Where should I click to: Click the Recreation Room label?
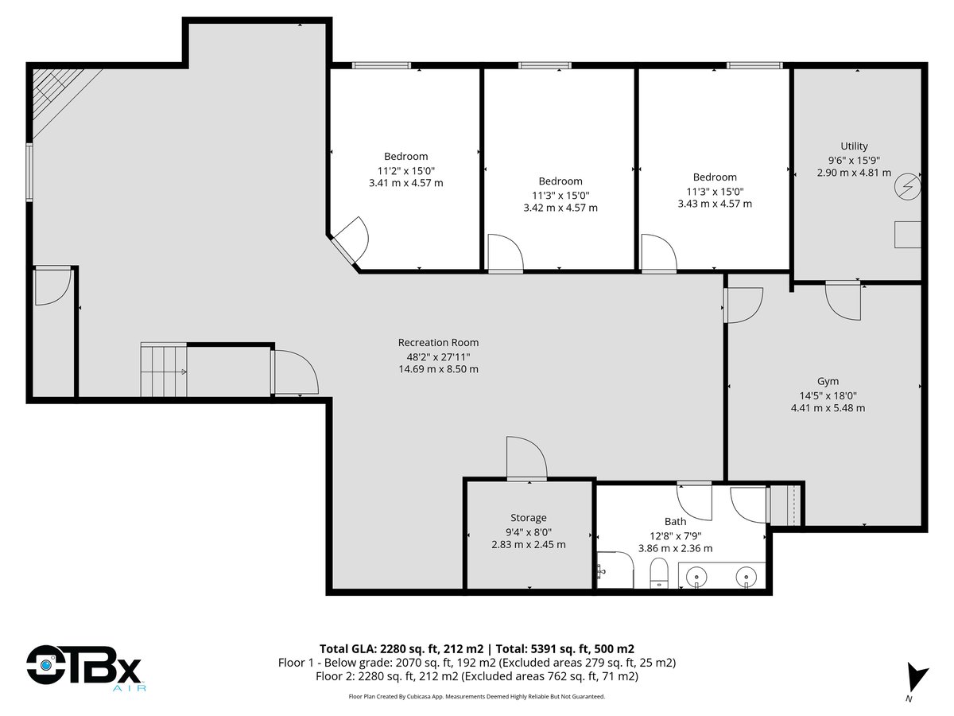[x=438, y=343]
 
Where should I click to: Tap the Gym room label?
[x=828, y=381]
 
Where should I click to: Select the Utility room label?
[x=854, y=146]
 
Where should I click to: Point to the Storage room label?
[x=528, y=518]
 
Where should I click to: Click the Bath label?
[x=675, y=521]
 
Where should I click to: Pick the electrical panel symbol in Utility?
[x=907, y=186]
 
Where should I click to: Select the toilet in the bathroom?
[x=659, y=573]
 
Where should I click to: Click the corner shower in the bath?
[x=615, y=570]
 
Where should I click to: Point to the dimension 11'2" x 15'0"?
[x=406, y=171]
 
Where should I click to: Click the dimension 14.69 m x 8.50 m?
[x=438, y=369]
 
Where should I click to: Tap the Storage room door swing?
[x=527, y=457]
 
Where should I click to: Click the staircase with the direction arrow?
[x=164, y=370]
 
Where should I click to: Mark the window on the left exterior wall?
[x=29, y=173]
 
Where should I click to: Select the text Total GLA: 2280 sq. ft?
[x=401, y=649]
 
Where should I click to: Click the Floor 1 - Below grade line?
[x=477, y=663]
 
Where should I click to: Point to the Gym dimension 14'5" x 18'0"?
[x=828, y=395]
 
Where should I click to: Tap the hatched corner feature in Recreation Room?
[x=65, y=102]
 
